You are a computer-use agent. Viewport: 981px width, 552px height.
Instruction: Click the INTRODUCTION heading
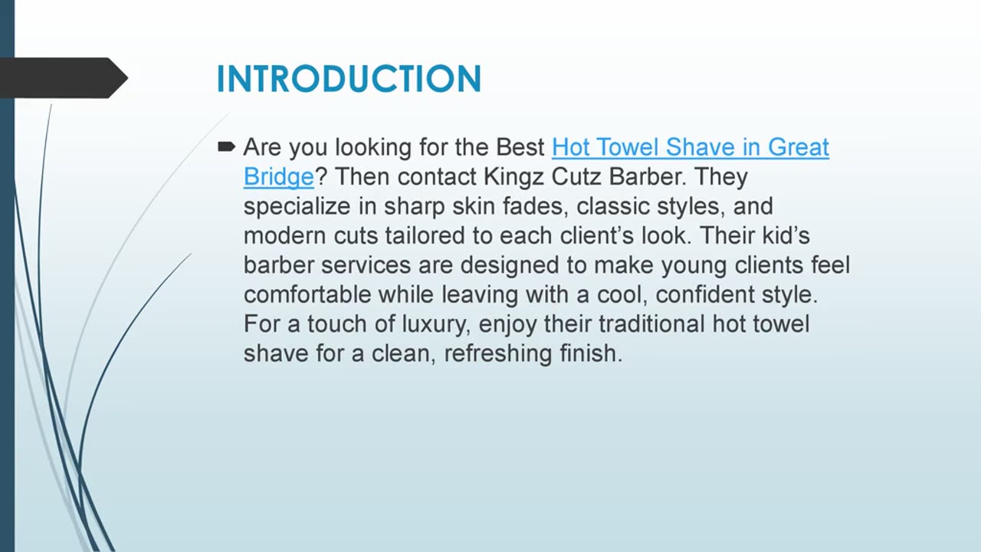349,79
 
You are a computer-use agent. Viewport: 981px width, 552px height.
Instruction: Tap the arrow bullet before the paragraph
226,146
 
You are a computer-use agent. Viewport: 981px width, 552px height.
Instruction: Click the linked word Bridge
279,176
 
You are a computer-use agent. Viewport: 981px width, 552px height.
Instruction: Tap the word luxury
433,324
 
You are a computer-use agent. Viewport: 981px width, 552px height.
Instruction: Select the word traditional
652,324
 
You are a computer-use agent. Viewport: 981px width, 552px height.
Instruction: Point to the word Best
521,146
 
